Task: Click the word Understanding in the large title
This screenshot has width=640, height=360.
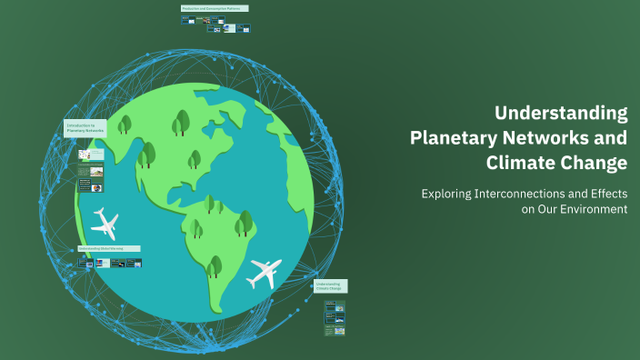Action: [x=561, y=114]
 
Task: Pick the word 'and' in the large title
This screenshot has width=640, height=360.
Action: [x=611, y=139]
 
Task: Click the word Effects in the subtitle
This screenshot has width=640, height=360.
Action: [x=605, y=194]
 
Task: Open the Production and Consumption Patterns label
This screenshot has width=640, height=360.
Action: [x=215, y=8]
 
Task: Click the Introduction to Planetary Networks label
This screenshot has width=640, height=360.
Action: [x=85, y=128]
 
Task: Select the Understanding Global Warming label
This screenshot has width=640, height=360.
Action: [x=109, y=248]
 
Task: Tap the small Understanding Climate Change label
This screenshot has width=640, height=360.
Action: [x=332, y=285]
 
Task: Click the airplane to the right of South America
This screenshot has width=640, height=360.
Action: [x=265, y=271]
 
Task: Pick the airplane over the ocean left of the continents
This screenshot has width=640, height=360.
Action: [x=105, y=222]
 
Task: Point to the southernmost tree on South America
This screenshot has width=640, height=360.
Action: [x=215, y=265]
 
